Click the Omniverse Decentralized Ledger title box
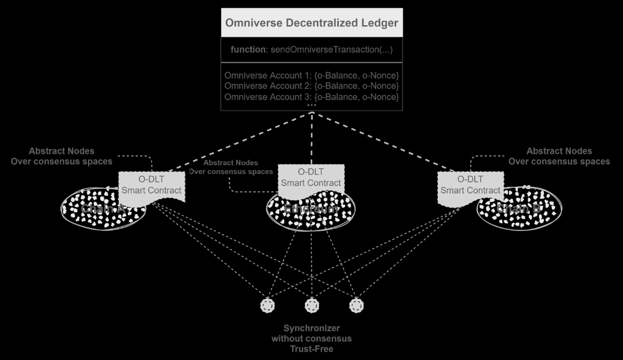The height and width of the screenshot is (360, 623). [311, 23]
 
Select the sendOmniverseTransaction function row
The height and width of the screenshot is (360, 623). [311, 49]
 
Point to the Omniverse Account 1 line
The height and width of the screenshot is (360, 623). [311, 75]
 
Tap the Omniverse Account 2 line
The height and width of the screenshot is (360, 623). [311, 86]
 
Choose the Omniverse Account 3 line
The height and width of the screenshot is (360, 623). [311, 97]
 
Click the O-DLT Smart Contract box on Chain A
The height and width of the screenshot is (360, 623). [151, 185]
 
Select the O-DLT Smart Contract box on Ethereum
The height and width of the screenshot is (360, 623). [311, 177]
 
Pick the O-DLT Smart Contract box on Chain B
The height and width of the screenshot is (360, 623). [470, 185]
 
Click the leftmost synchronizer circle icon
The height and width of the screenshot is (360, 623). [267, 306]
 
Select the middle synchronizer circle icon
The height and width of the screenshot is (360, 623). [312, 306]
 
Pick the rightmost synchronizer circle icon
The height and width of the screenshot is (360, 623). [356, 306]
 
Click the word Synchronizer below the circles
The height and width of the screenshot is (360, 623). [311, 328]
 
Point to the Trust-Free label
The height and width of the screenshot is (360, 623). [311, 349]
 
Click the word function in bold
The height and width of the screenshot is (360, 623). [247, 49]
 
